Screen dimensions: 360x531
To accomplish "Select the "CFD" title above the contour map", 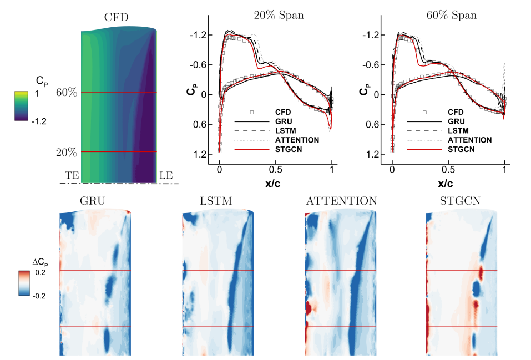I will click(x=117, y=18).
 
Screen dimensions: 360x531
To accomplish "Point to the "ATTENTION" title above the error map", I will click(x=341, y=201).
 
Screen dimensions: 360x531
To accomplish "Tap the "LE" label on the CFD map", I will click(x=166, y=175).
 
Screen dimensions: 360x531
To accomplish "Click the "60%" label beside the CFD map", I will click(x=67, y=93).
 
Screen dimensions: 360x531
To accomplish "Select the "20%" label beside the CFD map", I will click(x=67, y=152).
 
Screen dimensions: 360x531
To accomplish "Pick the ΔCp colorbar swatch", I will click(x=24, y=283).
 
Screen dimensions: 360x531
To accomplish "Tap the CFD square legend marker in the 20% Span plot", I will click(x=251, y=111).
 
